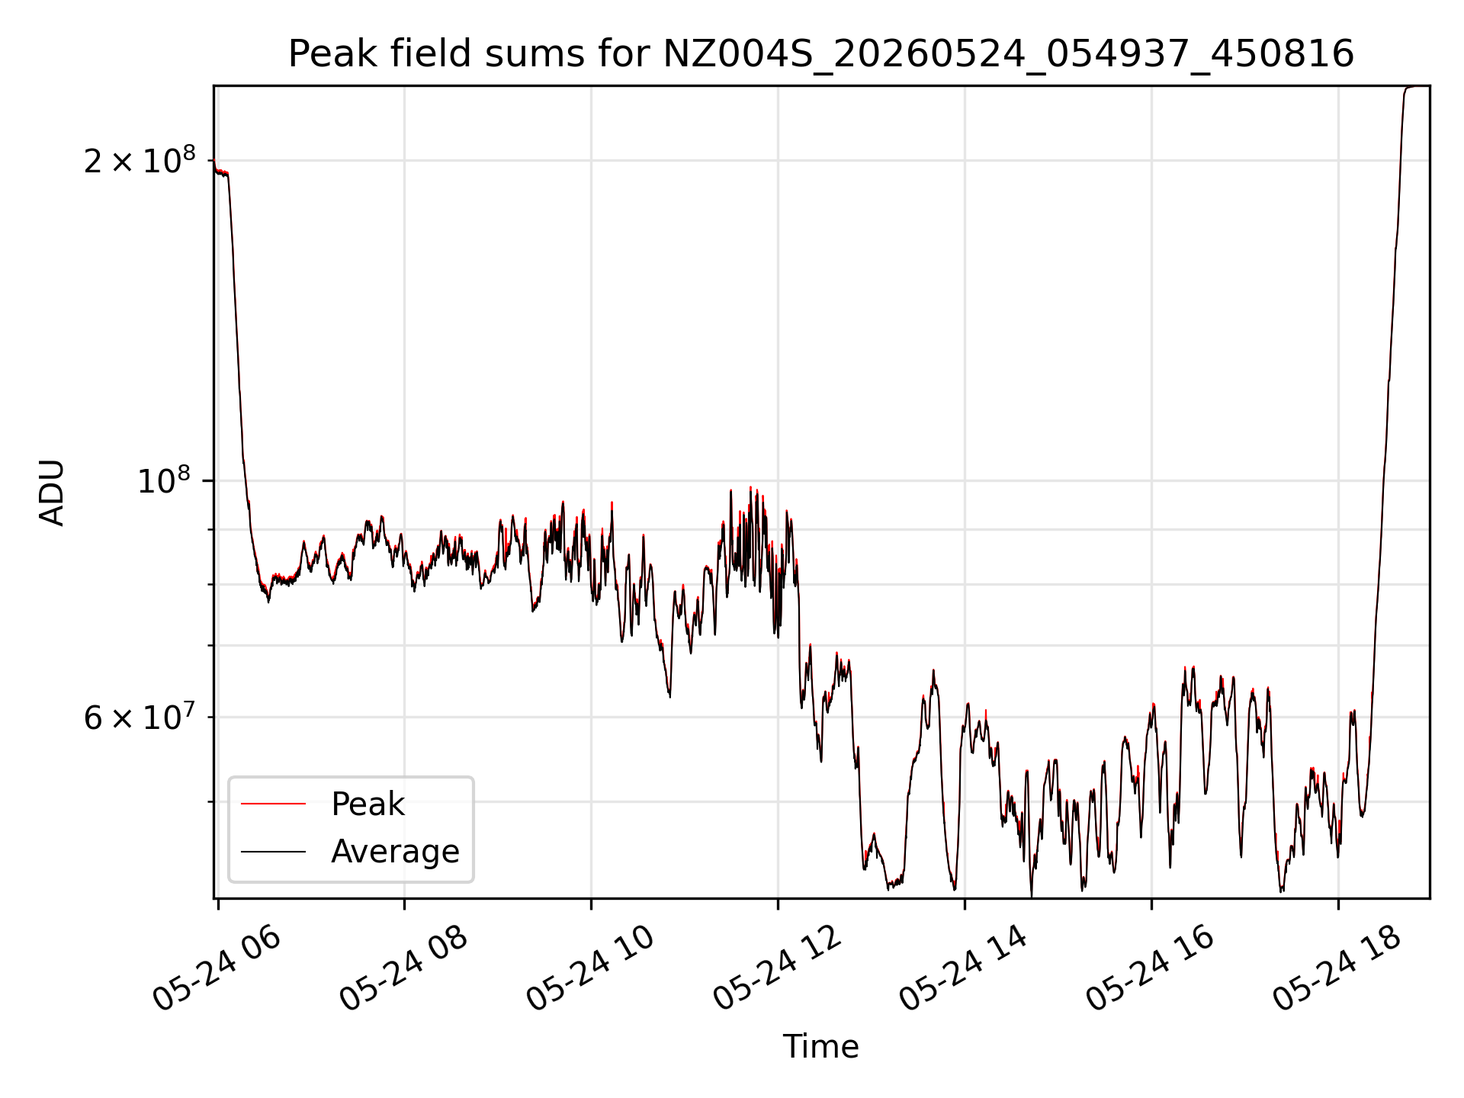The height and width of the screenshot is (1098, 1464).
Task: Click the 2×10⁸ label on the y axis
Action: [x=140, y=160]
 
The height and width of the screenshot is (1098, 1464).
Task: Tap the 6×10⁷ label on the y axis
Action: [x=140, y=717]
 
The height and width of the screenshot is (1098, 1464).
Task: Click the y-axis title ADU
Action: [x=52, y=493]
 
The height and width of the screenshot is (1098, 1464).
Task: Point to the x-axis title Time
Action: [x=821, y=1047]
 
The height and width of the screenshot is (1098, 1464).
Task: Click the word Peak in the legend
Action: [x=368, y=804]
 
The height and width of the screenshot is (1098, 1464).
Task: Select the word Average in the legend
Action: [x=395, y=851]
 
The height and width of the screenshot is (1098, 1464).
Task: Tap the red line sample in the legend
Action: [x=273, y=804]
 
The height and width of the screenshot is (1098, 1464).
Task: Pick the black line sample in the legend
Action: [x=273, y=851]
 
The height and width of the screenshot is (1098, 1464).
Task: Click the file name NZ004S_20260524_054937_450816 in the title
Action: [x=1009, y=54]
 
